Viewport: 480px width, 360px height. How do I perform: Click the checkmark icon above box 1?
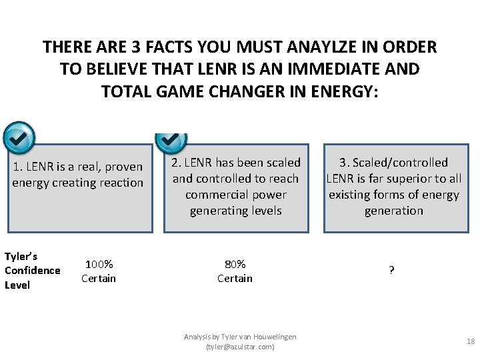19,137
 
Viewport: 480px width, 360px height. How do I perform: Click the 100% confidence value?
99,265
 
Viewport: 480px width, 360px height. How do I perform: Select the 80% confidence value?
235,264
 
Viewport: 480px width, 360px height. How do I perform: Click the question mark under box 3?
391,271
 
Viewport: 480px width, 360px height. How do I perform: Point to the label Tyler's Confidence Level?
32,271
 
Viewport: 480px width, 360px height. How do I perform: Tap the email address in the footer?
240,347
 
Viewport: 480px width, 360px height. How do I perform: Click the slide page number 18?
471,341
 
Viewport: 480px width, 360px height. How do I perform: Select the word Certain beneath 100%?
99,278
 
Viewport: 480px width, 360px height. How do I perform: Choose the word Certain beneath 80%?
235,278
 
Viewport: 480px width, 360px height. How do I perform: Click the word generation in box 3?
393,211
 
